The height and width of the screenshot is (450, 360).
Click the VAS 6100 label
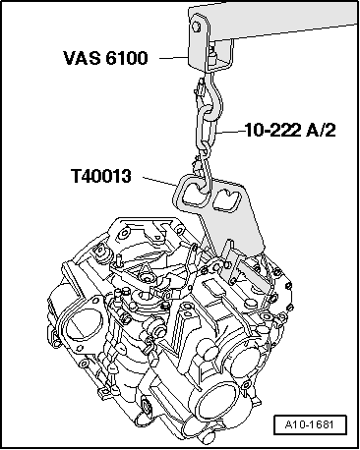tap(107, 59)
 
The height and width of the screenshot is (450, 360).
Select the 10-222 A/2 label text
tap(284, 129)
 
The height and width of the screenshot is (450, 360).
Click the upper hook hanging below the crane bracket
tap(209, 93)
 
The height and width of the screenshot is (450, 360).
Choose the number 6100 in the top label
tap(127, 59)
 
